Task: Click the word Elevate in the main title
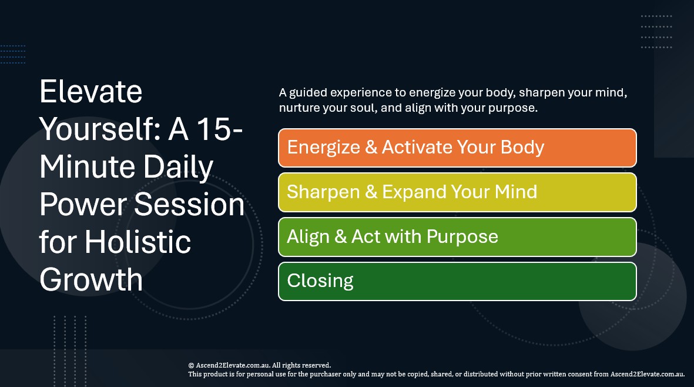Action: [x=90, y=92]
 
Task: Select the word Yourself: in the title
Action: [x=99, y=129]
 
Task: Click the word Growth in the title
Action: [x=91, y=279]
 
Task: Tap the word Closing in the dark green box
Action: [x=320, y=281]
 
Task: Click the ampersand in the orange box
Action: [x=371, y=148]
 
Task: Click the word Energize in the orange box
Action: [x=323, y=148]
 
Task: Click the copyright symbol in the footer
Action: [x=192, y=365]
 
